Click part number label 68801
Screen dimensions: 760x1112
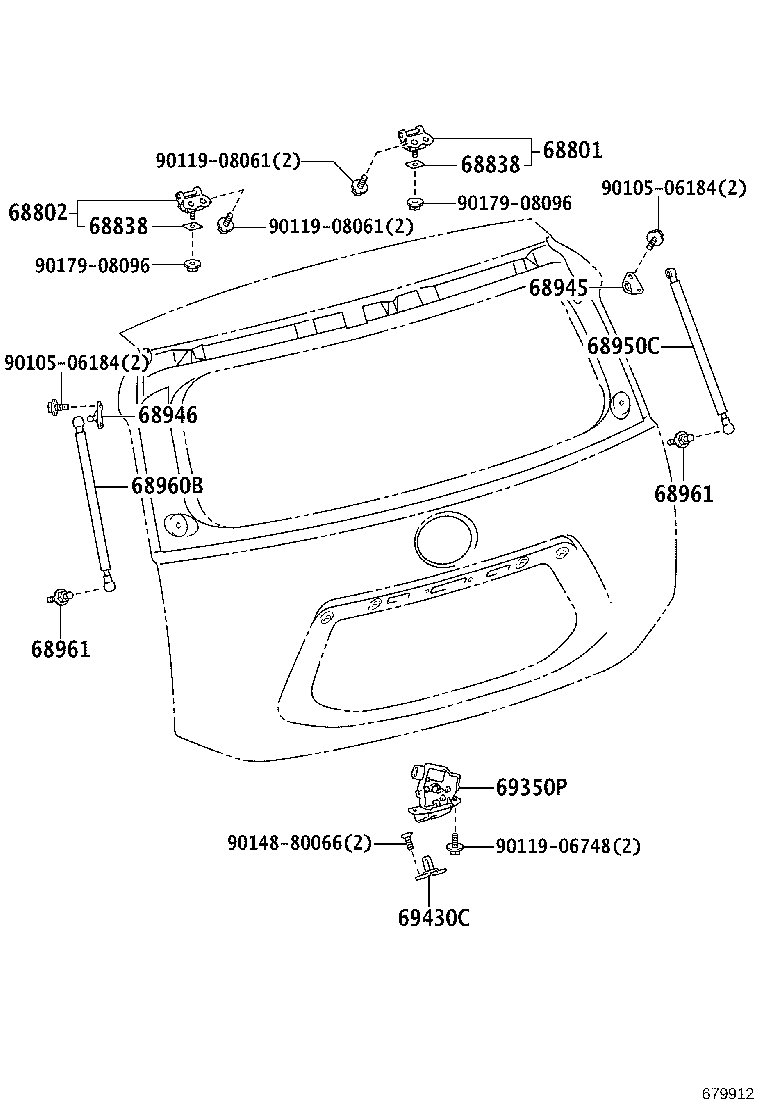572,150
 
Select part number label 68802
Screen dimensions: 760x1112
38,212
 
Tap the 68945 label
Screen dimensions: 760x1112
559,288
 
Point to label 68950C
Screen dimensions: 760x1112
623,346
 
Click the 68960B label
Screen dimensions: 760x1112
167,486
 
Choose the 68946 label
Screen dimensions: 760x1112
168,415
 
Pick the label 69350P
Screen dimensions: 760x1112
531,787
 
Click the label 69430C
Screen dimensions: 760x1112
434,918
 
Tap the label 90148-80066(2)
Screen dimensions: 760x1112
299,843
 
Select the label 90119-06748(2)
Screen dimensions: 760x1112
568,846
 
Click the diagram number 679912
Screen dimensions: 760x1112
728,1094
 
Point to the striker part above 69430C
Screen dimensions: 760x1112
430,868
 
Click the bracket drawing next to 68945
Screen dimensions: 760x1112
632,284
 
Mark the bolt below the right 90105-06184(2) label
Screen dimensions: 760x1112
656,238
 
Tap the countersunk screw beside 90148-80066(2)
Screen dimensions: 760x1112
407,843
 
